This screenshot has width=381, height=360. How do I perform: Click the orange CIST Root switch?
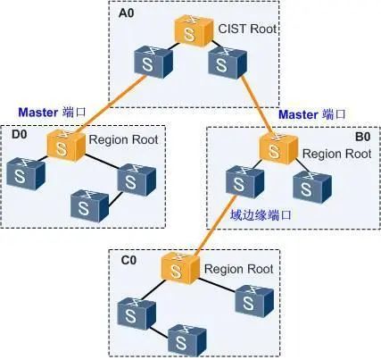pyautogui.click(x=194, y=31)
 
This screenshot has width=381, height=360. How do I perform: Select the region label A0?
pyautogui.click(x=127, y=13)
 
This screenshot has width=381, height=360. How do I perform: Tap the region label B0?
pyautogui.click(x=363, y=137)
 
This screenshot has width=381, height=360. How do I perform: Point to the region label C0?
pyautogui.click(x=128, y=260)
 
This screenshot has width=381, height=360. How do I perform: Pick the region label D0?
pyautogui.click(x=19, y=134)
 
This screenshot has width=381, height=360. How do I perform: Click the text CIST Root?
pyautogui.click(x=247, y=29)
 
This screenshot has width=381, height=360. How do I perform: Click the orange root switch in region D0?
pyautogui.click(x=66, y=147)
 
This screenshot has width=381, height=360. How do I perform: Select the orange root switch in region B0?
pyautogui.click(x=278, y=149)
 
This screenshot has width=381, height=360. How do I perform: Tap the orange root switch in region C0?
pyautogui.click(x=180, y=268)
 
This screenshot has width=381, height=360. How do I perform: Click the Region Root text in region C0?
pyautogui.click(x=238, y=269)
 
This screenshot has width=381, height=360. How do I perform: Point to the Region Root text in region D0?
pyautogui.click(x=123, y=139)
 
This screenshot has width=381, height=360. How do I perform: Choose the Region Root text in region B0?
pyautogui.click(x=337, y=154)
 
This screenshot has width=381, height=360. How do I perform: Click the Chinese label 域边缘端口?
pyautogui.click(x=261, y=215)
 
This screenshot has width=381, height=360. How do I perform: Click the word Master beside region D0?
pyautogui.click(x=38, y=113)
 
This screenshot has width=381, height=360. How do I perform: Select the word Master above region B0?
pyautogui.click(x=298, y=114)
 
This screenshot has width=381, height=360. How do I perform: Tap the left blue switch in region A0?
pyautogui.click(x=153, y=62)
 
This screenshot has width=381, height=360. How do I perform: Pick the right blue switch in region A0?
pyautogui.click(x=228, y=63)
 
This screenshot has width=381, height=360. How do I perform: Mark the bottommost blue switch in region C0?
pyautogui.click(x=187, y=339)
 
